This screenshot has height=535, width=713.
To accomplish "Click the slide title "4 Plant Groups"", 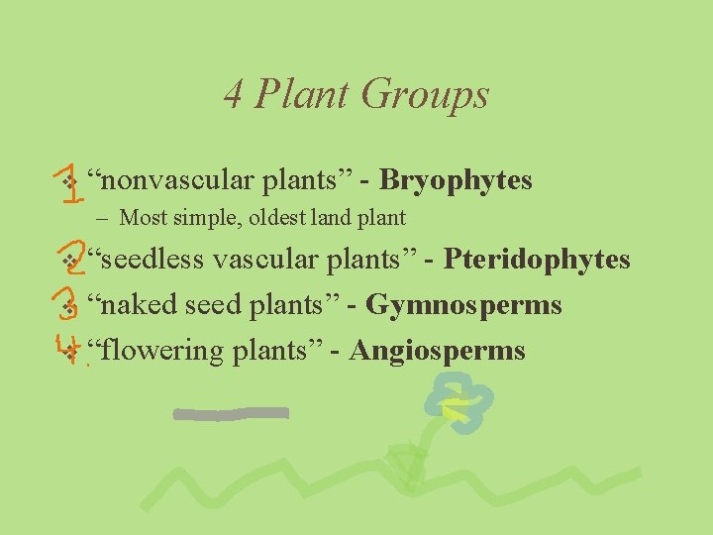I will pos(356,94).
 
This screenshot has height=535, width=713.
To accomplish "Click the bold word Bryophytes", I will pos(456,180).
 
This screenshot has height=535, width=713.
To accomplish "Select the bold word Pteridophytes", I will pos(537,260).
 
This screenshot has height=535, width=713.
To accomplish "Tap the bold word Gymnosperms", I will pos(463,305).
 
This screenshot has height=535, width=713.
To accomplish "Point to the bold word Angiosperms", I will pos(437,351).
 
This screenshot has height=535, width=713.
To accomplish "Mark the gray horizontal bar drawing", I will pos(231,413).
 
